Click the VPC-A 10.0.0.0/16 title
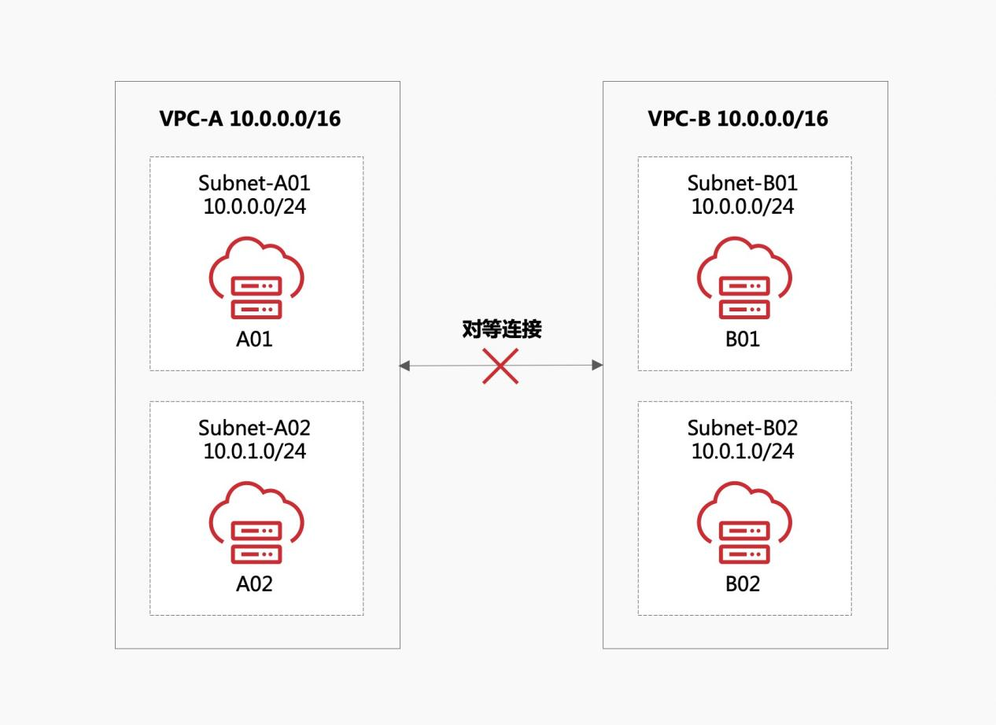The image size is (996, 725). click(x=250, y=119)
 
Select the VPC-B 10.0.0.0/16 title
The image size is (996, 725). click(x=738, y=119)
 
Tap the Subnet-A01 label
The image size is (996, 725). click(x=255, y=183)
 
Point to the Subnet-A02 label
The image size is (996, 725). click(x=255, y=428)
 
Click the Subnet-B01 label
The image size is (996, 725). click(x=743, y=183)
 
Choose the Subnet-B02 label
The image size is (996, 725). click(x=743, y=428)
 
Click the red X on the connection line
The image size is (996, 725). click(x=500, y=366)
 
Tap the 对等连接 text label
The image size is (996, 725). click(x=502, y=329)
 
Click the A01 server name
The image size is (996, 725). click(x=255, y=340)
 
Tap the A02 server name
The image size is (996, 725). click(x=255, y=584)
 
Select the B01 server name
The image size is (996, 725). click(x=743, y=340)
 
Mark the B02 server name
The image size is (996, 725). click(x=743, y=584)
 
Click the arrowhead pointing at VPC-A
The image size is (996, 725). click(x=405, y=366)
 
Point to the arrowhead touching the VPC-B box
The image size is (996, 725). click(x=597, y=365)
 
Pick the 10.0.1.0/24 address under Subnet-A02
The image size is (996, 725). click(x=255, y=451)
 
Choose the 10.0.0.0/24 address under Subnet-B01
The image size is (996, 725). click(x=743, y=207)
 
